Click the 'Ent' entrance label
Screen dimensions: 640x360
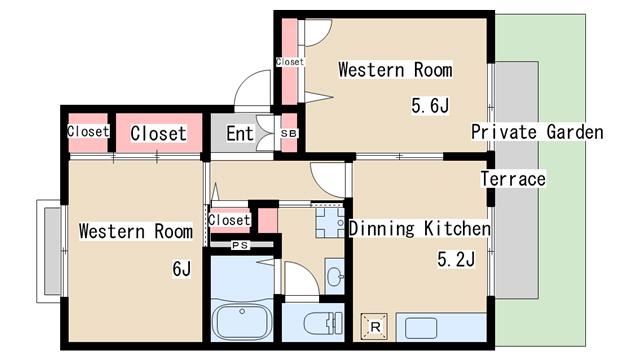point(240,133)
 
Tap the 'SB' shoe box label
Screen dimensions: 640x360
point(289,133)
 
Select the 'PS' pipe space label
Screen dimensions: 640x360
point(240,245)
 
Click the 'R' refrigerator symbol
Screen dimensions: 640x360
point(375,327)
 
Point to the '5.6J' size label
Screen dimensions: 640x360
point(430,106)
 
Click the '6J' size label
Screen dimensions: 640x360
point(181,269)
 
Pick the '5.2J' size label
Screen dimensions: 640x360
point(456,259)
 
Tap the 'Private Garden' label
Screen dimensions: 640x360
point(537,132)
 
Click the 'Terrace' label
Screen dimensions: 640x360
point(513,179)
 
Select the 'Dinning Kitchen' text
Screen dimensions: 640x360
point(420,229)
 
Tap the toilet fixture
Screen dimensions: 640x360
point(322,324)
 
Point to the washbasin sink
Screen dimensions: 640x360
point(335,276)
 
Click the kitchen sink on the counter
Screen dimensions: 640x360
point(420,328)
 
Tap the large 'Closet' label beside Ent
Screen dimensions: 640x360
point(159,133)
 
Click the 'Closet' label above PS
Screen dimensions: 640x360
point(229,220)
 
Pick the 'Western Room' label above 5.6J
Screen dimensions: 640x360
point(395,70)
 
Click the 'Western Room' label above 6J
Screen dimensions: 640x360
point(136,231)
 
